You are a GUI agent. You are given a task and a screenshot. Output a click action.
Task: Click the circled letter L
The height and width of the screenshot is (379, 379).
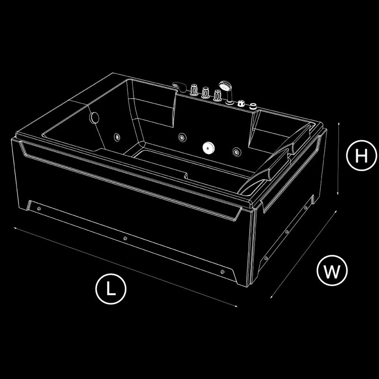(111, 289)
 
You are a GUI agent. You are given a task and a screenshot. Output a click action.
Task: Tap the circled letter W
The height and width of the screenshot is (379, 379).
(332, 271)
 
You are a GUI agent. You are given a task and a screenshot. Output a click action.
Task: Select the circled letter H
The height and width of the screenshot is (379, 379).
(361, 155)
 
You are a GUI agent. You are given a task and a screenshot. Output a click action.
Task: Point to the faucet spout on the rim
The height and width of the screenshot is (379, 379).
(179, 87)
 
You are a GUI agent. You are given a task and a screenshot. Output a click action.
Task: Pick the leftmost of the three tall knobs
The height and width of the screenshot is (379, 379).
(194, 90)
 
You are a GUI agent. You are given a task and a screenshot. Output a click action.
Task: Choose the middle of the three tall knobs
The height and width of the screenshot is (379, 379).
(206, 92)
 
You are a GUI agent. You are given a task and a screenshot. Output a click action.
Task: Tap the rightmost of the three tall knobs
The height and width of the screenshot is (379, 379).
(217, 96)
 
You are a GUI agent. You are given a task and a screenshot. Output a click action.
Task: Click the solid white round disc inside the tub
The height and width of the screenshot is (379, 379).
(208, 147)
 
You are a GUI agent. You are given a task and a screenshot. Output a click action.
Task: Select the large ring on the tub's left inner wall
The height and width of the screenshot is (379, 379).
(94, 117)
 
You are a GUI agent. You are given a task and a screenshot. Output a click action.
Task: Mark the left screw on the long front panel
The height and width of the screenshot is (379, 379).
(39, 208)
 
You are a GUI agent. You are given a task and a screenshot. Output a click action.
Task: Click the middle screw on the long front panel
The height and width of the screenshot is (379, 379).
(125, 239)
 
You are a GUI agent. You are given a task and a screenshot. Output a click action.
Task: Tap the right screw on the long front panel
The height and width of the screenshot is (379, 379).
(223, 272)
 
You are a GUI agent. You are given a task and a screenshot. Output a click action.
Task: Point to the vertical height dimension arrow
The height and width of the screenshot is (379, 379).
(338, 158)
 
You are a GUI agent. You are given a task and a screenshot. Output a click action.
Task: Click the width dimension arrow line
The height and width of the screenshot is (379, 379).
(304, 254)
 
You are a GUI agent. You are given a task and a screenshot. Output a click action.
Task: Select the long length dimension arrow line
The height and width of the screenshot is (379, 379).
(126, 267)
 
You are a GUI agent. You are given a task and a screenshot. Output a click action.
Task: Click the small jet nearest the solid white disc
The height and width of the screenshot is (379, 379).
(236, 152)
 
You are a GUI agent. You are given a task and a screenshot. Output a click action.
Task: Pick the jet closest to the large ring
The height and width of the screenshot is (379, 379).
(117, 137)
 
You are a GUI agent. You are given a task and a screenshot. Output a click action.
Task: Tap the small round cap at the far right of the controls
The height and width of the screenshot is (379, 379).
(253, 106)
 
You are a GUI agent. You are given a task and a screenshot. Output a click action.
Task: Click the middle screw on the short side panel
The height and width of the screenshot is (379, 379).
(287, 232)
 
